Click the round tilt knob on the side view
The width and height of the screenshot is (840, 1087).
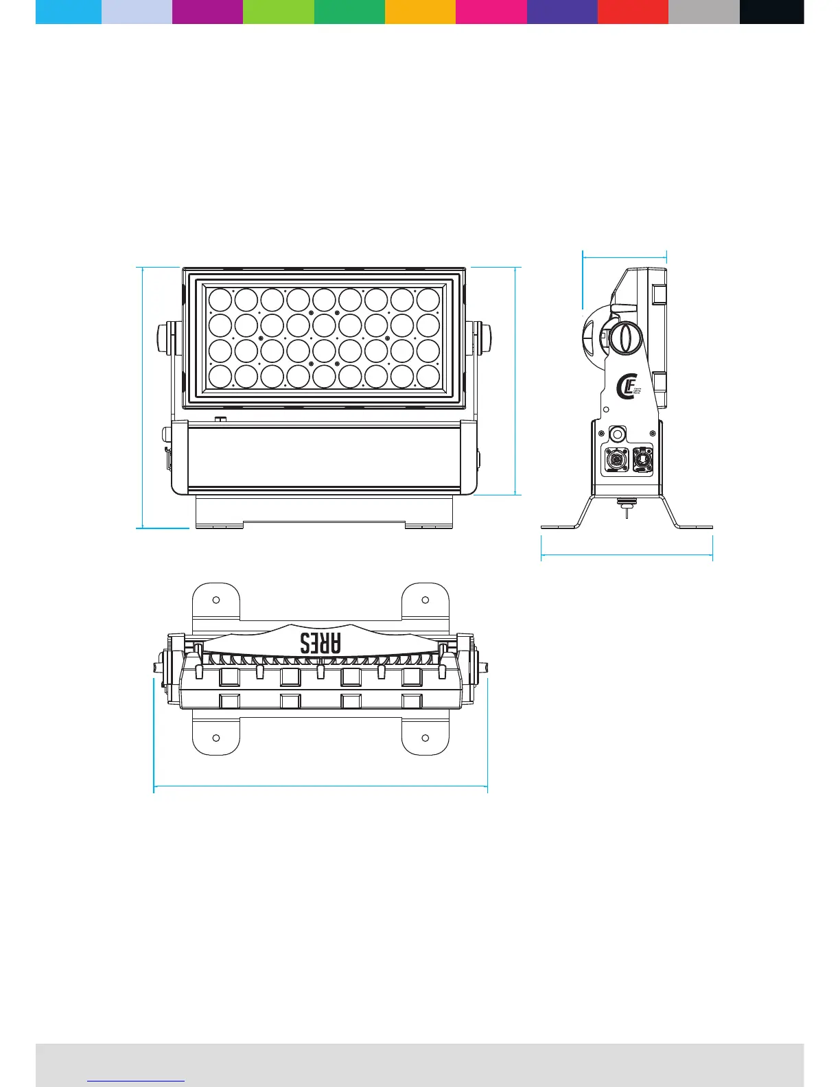624,338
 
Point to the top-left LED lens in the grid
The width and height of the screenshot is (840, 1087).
220,300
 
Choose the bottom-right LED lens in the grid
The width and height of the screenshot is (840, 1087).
428,376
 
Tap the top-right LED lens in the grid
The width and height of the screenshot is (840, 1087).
428,300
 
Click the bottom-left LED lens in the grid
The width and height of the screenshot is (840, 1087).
220,376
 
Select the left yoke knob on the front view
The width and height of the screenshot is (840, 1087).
165,339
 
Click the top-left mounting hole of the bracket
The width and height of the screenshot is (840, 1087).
216,600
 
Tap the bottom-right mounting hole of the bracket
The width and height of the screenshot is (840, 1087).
425,738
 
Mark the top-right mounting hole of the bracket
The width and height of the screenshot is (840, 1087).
425,600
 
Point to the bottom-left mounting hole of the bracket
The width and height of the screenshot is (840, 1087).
216,738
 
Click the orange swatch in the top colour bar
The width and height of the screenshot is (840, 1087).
420,12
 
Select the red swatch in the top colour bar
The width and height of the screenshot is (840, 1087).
633,12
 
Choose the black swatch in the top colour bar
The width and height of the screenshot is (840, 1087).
771,12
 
